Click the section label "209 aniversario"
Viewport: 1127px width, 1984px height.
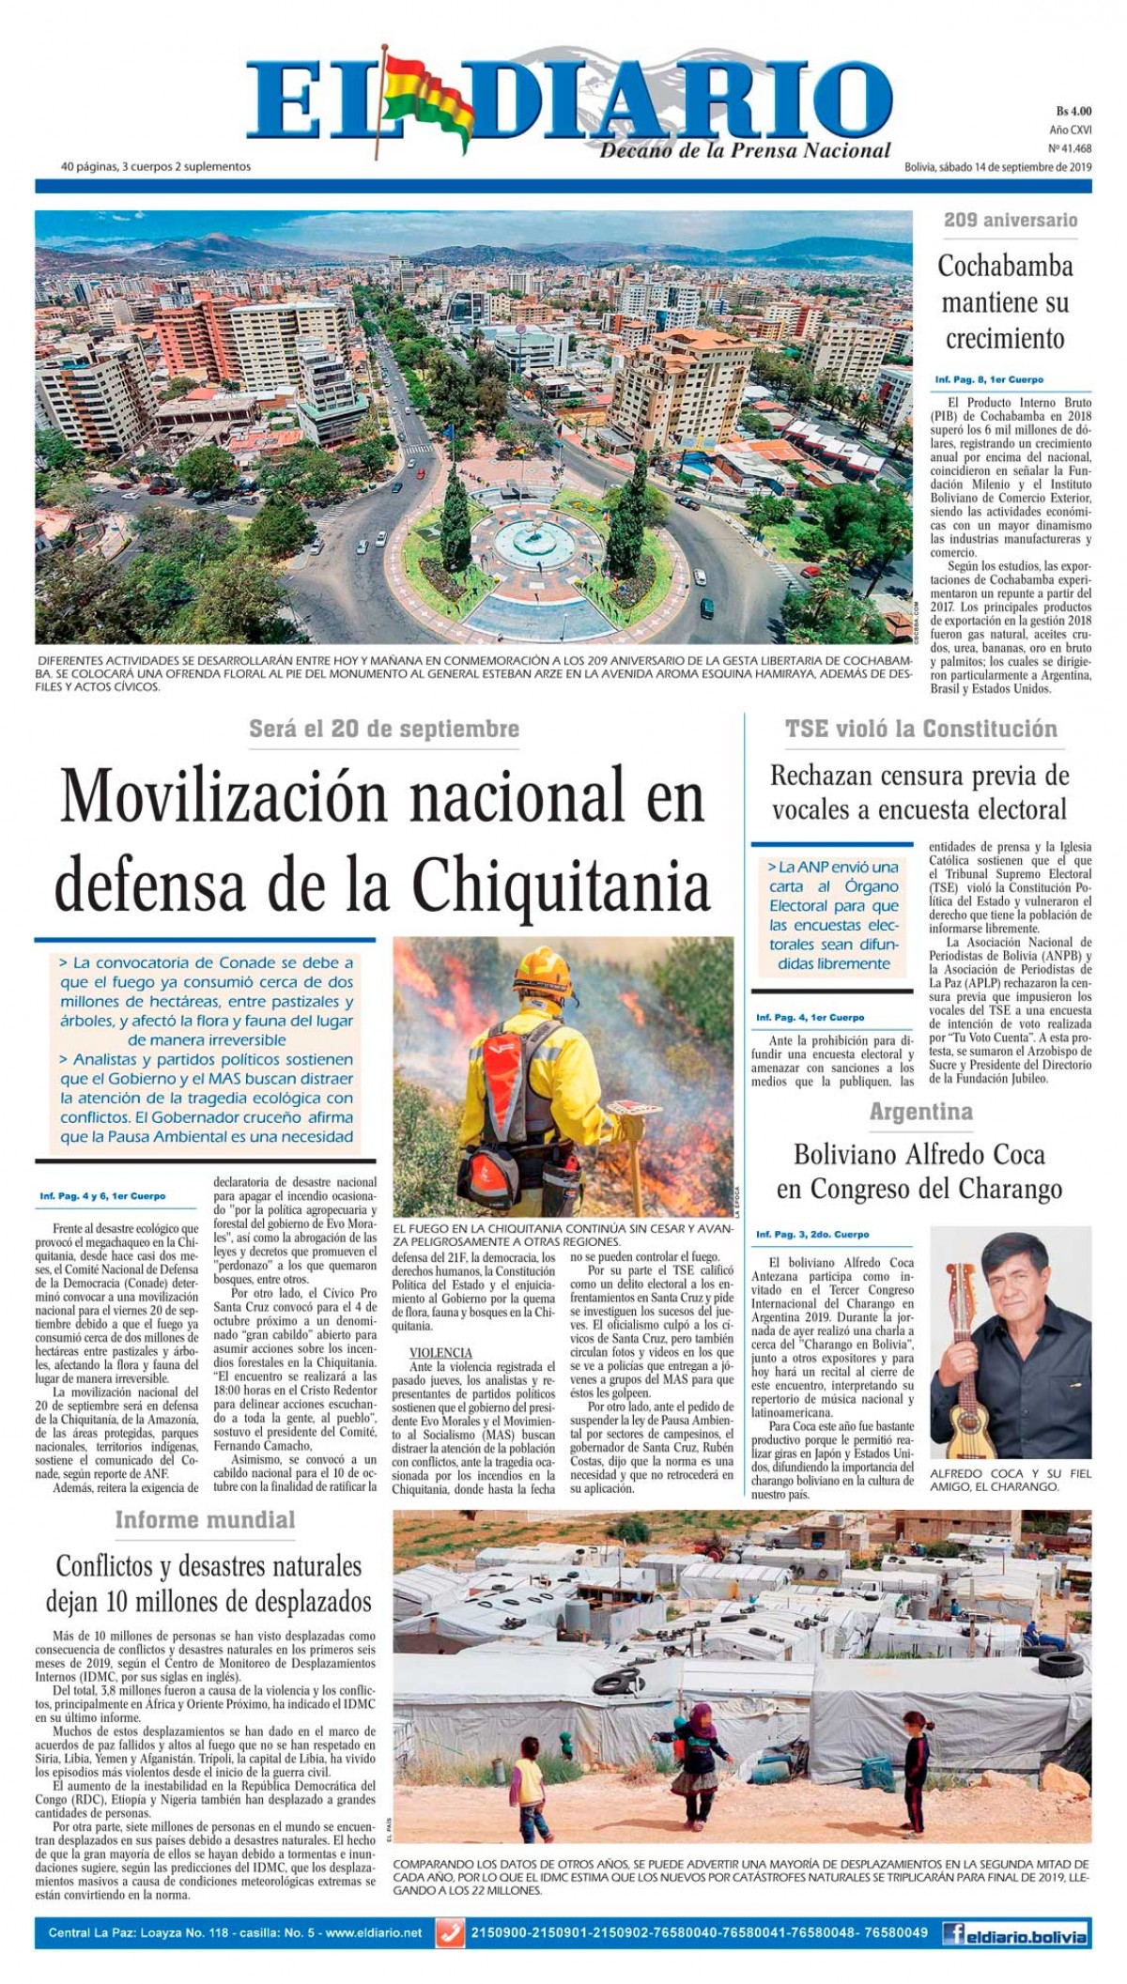coord(1011,221)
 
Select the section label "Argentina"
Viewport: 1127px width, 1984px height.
coord(920,1113)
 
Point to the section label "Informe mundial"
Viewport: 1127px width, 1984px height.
coord(205,1520)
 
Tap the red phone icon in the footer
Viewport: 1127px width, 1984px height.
coord(452,1933)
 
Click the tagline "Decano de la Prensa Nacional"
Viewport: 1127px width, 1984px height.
coord(745,150)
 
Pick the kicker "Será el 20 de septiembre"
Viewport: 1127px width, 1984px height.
coord(384,729)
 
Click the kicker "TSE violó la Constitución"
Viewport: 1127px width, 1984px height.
coord(920,729)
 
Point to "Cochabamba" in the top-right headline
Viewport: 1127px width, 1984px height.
coord(1005,266)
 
